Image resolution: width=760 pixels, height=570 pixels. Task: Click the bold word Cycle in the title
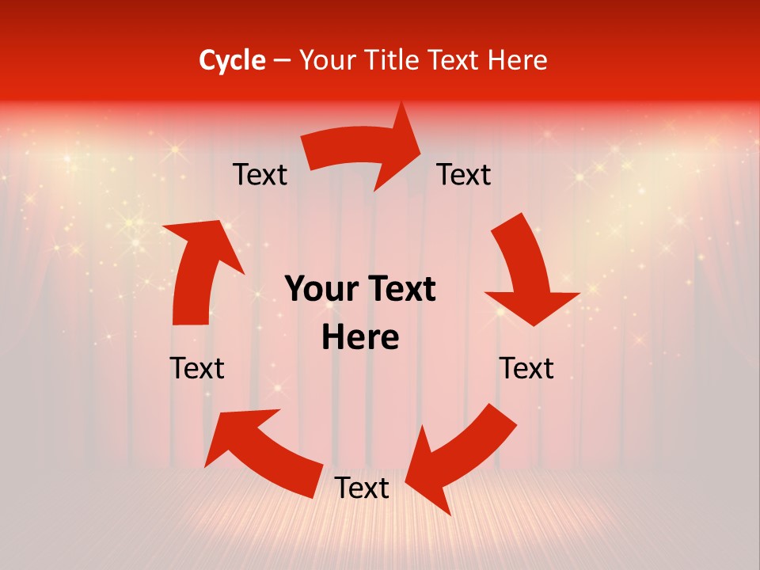pyautogui.click(x=232, y=60)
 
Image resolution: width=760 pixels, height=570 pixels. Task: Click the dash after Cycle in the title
pyautogui.click(x=281, y=61)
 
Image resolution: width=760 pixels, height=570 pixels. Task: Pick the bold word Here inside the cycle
pyautogui.click(x=360, y=338)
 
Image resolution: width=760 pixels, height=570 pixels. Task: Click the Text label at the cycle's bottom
pyautogui.click(x=362, y=488)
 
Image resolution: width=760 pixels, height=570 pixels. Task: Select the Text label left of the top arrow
pyautogui.click(x=260, y=175)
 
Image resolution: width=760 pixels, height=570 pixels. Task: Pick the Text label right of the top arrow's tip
pyautogui.click(x=464, y=175)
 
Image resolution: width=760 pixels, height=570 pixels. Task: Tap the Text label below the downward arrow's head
pyautogui.click(x=526, y=368)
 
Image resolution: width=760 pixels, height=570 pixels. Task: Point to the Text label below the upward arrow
pyautogui.click(x=197, y=368)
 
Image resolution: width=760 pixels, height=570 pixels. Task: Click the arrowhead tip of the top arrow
pyautogui.click(x=421, y=147)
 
